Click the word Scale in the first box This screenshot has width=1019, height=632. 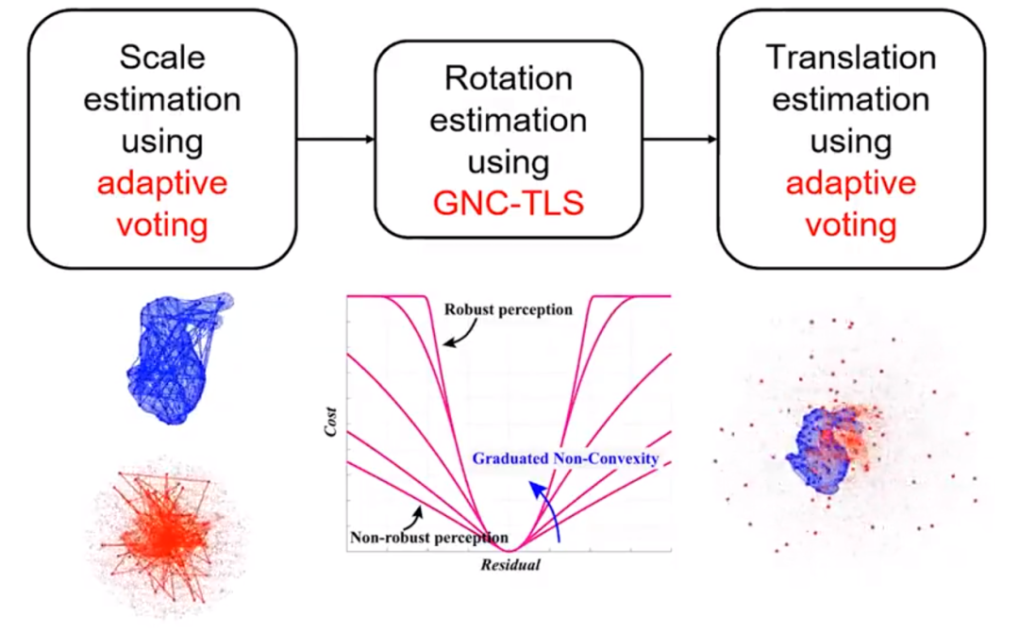[x=161, y=58]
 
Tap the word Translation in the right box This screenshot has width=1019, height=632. [x=850, y=58]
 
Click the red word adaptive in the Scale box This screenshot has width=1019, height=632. [x=161, y=182]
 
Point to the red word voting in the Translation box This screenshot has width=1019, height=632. [x=850, y=225]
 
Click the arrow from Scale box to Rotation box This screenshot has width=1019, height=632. [x=335, y=141]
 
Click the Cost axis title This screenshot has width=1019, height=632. [x=329, y=422]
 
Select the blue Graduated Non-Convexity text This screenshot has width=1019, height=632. [x=564, y=459]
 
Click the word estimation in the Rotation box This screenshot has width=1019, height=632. [x=508, y=121]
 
